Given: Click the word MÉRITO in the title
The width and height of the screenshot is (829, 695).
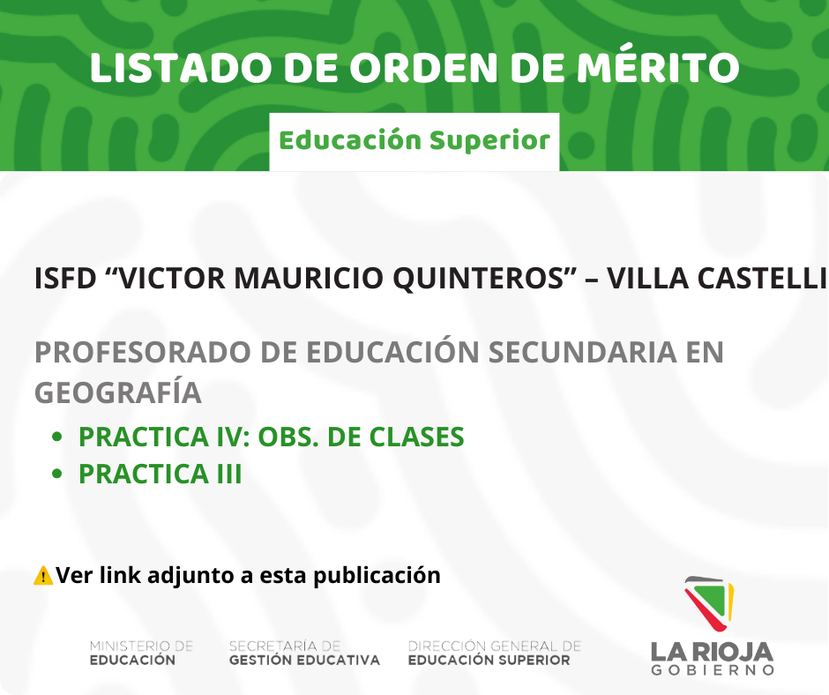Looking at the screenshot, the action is [658, 67].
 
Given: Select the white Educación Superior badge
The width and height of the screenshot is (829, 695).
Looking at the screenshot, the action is [414, 141].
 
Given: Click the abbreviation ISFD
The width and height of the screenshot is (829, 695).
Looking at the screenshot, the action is [65, 278].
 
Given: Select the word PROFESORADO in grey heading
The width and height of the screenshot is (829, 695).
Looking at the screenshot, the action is [143, 352].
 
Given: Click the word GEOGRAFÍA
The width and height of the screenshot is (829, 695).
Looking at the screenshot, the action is [118, 392].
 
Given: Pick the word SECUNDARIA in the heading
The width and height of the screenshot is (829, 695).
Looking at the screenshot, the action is [582, 352].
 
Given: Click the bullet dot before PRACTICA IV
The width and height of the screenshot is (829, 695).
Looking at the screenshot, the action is [57, 437].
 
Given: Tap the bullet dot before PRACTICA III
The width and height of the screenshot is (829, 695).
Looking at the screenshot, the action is [57, 474].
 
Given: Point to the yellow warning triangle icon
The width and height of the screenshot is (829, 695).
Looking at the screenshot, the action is [43, 575].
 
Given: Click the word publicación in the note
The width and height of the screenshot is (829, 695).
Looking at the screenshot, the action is [377, 575].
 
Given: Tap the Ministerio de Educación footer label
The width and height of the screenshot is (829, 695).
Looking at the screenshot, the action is [142, 654].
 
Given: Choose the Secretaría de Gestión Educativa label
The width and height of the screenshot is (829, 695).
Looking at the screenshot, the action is [304, 654].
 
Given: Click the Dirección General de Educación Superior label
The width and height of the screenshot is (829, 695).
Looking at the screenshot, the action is [495, 654].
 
